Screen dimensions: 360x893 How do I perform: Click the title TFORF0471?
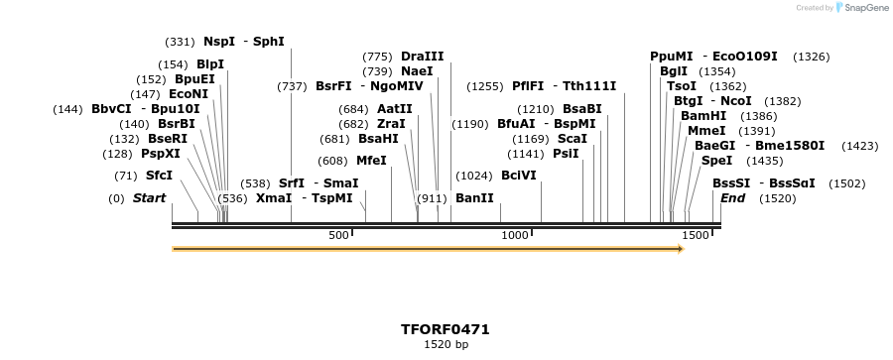pos(446,329)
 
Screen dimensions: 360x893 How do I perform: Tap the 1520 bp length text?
pos(446,345)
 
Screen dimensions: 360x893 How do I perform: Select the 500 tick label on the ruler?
pos(338,235)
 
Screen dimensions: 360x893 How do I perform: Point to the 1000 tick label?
pos(514,235)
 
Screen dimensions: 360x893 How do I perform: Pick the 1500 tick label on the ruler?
pos(696,235)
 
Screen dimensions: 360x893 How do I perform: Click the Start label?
pos(149,198)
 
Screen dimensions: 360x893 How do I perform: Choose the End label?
pos(732,198)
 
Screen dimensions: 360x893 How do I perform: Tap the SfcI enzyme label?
pos(159,176)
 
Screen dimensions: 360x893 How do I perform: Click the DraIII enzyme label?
pos(423,57)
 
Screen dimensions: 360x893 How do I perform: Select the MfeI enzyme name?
pos(371,161)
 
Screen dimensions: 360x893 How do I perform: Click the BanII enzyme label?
pos(474,198)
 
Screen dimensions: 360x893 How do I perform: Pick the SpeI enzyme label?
pos(715,161)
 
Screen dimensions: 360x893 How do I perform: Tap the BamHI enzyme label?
pos(703,116)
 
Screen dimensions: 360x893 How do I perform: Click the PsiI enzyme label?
pos(566,154)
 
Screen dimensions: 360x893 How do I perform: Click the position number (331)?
pos(180,42)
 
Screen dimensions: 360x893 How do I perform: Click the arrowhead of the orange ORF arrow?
pos(681,249)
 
